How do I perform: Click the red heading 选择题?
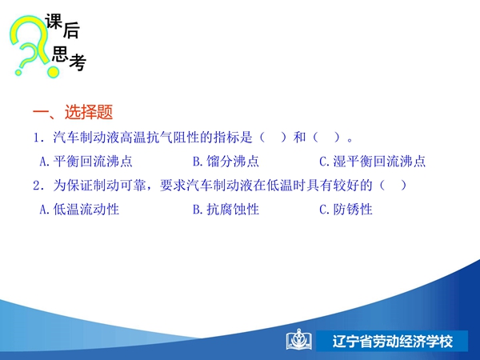[x=89, y=112]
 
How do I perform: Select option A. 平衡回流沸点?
[x=86, y=162]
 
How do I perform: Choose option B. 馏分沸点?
[x=226, y=162]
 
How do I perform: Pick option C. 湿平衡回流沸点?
[x=372, y=162]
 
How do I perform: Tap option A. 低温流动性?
[x=79, y=210]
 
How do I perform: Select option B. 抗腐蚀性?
[x=226, y=210]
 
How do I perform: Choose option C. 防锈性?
[x=346, y=210]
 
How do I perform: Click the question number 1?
[x=38, y=138]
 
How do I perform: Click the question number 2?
[x=38, y=186]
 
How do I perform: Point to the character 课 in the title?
[x=54, y=22]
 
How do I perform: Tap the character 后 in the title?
[x=72, y=30]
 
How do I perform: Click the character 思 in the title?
[x=60, y=54]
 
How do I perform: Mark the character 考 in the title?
[x=78, y=62]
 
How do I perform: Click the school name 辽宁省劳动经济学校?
[x=393, y=341]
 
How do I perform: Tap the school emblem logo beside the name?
[x=299, y=339]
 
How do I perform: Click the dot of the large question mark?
[x=53, y=72]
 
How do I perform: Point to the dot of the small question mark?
[x=18, y=73]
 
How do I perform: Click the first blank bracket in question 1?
[x=273, y=137]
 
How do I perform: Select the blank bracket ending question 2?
[x=393, y=186]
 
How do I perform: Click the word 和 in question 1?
[x=299, y=137]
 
